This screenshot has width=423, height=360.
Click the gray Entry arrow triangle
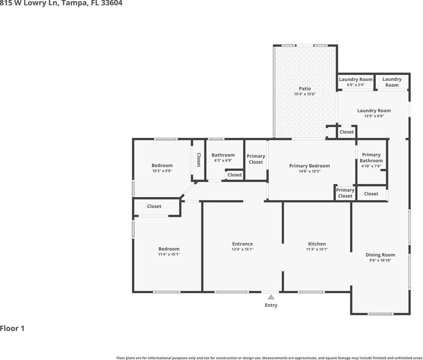coord(271,297)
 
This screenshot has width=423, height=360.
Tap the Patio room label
coord(305,89)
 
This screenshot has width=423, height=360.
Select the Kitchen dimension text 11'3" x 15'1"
coord(317,249)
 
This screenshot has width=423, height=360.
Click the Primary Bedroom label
coord(309,166)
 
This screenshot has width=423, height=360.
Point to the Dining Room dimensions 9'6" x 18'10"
coord(380,260)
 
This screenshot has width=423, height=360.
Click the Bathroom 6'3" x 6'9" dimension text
coord(223,161)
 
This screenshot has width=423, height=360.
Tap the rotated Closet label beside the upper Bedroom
coord(199,160)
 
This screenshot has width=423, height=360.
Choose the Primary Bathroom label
coord(371,157)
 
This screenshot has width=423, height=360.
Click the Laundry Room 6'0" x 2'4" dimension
coord(356,85)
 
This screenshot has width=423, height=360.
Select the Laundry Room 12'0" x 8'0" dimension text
coord(374,116)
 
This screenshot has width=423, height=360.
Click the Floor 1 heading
coord(12,328)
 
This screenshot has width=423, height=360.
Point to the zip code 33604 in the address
coord(112,3)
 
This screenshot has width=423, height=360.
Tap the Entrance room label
coord(243,244)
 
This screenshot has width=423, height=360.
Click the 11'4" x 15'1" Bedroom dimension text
coord(169,254)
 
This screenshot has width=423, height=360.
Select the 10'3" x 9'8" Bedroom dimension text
coord(162,171)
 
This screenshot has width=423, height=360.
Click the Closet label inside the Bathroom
coord(235,175)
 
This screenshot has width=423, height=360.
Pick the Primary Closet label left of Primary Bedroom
coord(256,159)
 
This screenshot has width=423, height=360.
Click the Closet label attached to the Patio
coord(346,132)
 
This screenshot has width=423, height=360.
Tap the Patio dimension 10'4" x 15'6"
coord(305,94)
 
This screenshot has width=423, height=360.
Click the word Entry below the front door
coord(271,305)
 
